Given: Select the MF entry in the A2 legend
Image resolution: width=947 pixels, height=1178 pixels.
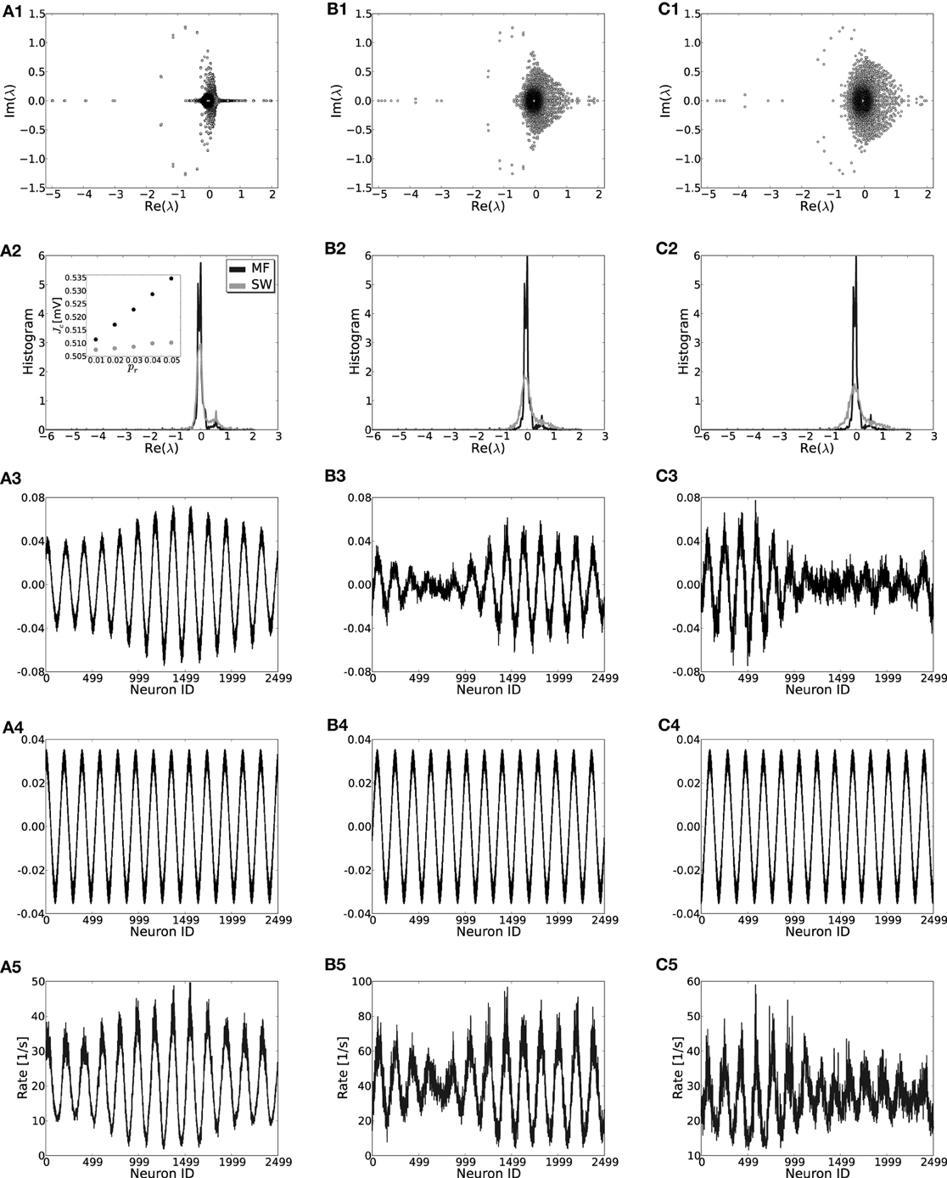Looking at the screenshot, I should pos(256,268).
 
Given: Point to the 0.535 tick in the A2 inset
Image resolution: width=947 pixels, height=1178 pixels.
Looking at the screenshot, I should pos(74,278).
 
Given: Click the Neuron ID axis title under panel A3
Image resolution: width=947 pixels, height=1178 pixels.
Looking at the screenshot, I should pos(161,690).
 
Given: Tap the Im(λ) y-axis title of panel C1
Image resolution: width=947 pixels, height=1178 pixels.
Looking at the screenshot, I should pos(666,100).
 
